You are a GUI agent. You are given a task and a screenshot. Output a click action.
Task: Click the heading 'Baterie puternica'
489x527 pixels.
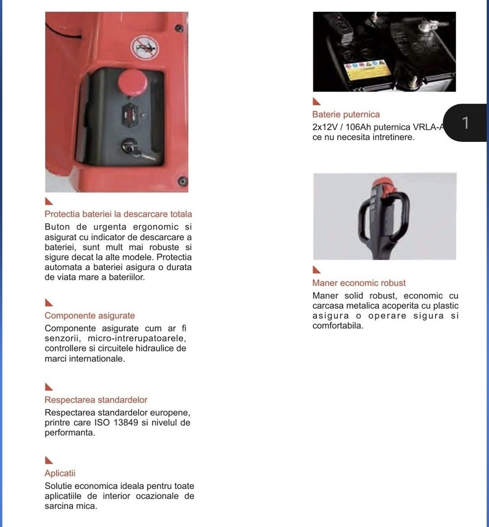pyautogui.click(x=346, y=115)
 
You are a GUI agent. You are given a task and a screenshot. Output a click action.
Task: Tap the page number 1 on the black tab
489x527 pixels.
pyautogui.click(x=465, y=123)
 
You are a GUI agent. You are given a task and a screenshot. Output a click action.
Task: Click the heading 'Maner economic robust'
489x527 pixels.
pyautogui.click(x=358, y=283)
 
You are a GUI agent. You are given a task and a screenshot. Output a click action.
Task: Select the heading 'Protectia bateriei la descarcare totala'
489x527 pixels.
pyautogui.click(x=118, y=214)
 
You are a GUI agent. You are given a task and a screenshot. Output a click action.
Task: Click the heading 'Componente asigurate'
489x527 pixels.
pyautogui.click(x=89, y=316)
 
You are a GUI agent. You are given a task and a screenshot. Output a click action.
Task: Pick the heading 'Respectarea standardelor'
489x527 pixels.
pyautogui.click(x=96, y=400)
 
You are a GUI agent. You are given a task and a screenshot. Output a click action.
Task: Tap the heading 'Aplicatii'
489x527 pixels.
pyautogui.click(x=60, y=473)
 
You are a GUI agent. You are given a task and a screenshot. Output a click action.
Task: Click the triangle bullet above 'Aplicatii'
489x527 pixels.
pyautogui.click(x=48, y=460)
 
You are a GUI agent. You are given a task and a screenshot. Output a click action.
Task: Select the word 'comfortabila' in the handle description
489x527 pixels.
pyautogui.click(x=337, y=325)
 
